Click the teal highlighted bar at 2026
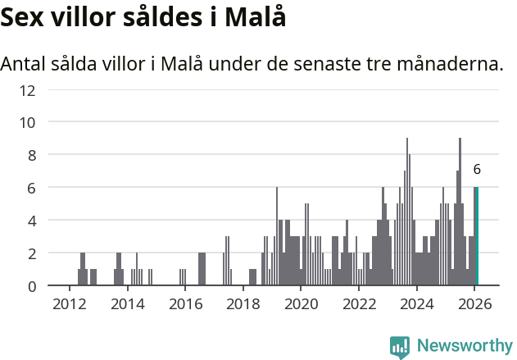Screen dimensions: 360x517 [477, 236]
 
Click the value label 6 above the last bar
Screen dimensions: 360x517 [477, 170]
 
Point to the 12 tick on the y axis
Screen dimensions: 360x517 [27, 89]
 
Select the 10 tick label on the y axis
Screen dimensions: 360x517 [27, 122]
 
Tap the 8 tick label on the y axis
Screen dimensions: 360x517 [31, 155]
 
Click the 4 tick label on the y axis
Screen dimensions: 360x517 [31, 221]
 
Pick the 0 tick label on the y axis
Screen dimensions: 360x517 [31, 286]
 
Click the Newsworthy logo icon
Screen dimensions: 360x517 [400, 346]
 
